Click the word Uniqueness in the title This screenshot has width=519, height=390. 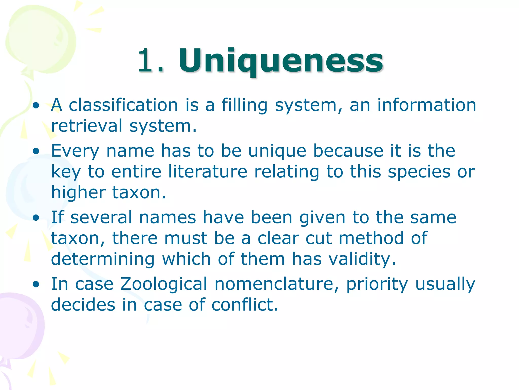(281, 61)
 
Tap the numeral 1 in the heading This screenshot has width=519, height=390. (146, 61)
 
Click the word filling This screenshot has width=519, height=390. (245, 106)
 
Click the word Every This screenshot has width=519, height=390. (75, 151)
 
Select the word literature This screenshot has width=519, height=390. (208, 172)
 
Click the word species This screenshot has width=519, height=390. (419, 172)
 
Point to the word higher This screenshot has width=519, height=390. (78, 192)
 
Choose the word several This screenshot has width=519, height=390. (101, 218)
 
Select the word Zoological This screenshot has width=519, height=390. (164, 284)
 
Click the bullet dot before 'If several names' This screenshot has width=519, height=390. (36, 218)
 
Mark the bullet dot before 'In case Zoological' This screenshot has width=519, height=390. (36, 285)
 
